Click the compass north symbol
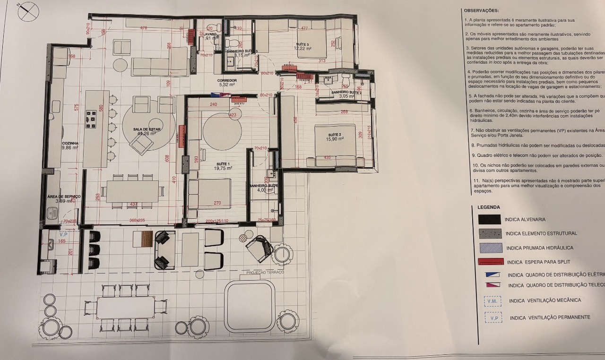(28, 11)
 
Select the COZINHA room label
(69, 143)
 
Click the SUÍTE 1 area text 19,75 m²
(222, 168)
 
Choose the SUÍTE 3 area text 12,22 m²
(302, 48)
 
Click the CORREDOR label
(227, 81)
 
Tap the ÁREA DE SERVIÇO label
(64, 196)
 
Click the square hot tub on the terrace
(249, 306)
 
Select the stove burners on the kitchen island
(91, 120)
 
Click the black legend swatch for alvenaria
(489, 220)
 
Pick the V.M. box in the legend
(493, 301)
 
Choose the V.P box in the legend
(493, 318)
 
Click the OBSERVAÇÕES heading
(481, 10)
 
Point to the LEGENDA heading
(488, 207)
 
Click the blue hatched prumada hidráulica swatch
(490, 248)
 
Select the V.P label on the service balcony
(64, 234)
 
